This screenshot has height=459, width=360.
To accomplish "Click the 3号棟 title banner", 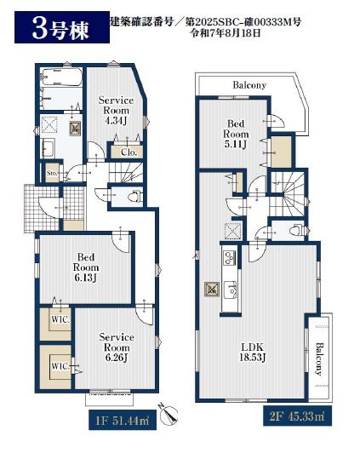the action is (62, 27).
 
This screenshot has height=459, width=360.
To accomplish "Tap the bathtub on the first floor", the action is (60, 77).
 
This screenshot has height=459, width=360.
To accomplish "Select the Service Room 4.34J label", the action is (116, 111).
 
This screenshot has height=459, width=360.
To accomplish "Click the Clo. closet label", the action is (129, 152).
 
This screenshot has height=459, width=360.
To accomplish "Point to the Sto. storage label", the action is (52, 173).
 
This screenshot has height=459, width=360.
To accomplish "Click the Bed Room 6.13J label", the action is (86, 267).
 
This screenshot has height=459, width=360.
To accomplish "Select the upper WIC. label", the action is (60, 319).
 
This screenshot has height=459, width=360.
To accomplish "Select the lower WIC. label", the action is (60, 366).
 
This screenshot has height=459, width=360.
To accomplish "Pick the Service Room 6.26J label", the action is (117, 347).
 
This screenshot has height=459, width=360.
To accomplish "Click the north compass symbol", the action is (169, 414).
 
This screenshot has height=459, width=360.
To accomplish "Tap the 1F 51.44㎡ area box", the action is (123, 421).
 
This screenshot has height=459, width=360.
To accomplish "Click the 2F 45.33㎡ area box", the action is (297, 416).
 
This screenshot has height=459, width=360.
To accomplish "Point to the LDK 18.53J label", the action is (253, 353).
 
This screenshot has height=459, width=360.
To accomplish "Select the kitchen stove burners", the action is (230, 257).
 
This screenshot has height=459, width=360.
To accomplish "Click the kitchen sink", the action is (230, 290).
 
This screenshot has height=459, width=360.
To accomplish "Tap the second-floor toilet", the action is (296, 230).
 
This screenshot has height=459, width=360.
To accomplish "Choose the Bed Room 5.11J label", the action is (236, 134).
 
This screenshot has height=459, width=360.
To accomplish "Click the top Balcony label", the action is (249, 85).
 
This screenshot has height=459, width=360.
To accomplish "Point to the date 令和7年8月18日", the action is (226, 33).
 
